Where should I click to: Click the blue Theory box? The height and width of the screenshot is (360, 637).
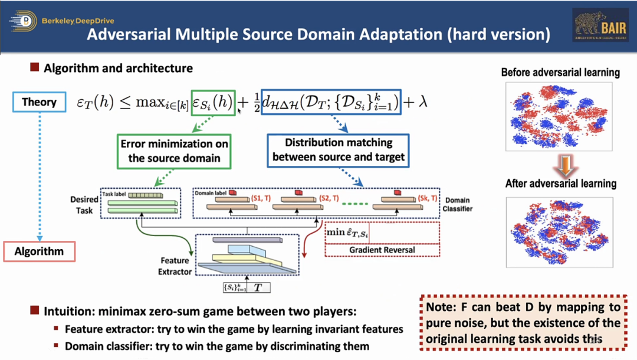[x=39, y=102]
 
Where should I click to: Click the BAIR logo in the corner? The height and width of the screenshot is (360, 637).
[x=600, y=25]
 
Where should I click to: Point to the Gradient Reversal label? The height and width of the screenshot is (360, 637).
[x=382, y=250]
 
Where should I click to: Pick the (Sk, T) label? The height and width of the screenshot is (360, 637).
[x=426, y=198]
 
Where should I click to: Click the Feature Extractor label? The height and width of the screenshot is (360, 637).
[x=175, y=266]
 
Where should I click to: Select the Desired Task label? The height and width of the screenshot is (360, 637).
[x=84, y=204]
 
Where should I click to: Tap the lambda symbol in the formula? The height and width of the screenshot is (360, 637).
[x=423, y=102]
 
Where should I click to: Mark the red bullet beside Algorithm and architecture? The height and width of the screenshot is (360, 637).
[x=35, y=68]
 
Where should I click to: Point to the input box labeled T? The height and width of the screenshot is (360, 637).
[x=257, y=289]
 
